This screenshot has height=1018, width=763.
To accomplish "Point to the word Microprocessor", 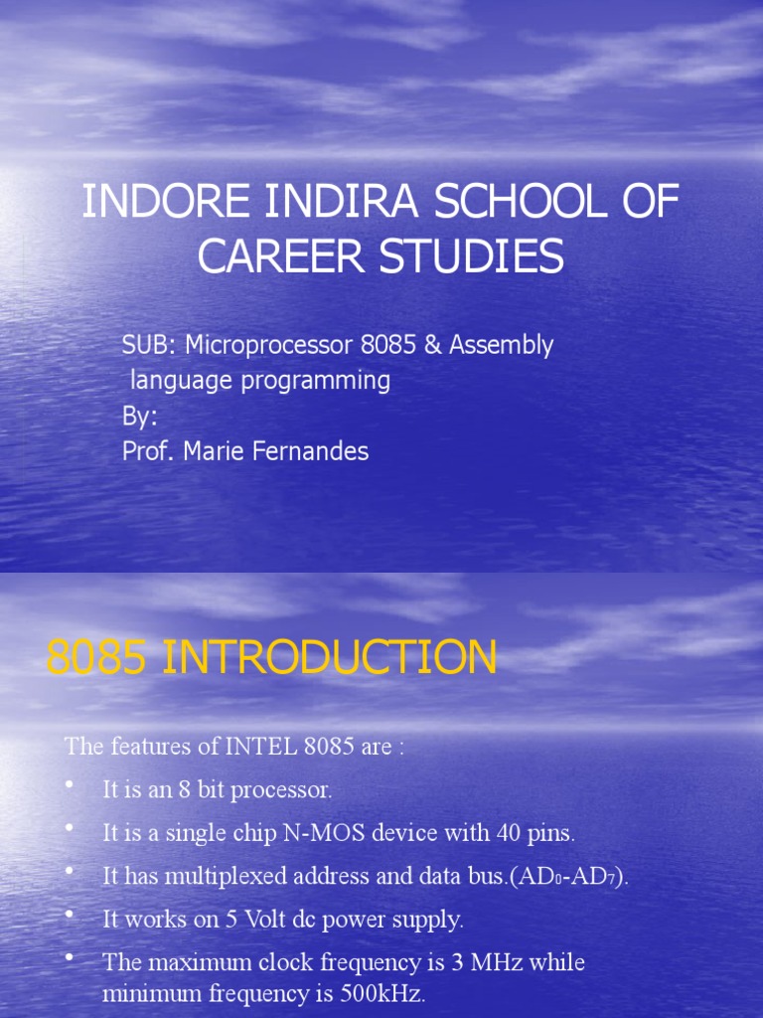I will coord(268,346).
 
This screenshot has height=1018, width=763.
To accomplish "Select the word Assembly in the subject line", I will coord(501,346).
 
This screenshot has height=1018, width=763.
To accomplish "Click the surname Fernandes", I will coord(311,451).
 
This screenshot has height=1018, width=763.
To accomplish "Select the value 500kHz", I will coord(381,993).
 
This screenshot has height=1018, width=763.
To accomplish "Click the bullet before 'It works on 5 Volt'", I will coord(70,914).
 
